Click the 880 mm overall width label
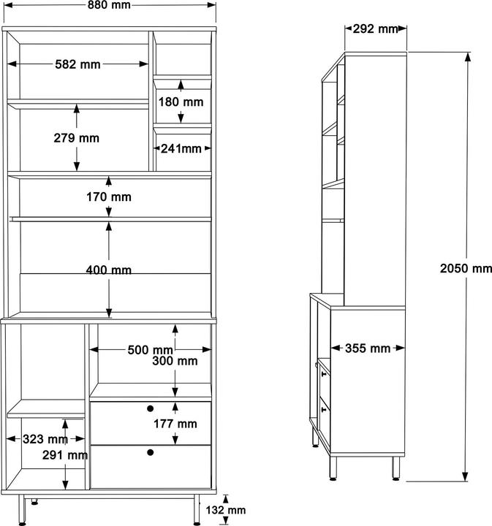tap(109, 5)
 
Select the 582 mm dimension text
tap(78, 64)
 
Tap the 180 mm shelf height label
tap(181, 102)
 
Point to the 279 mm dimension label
tap(77, 138)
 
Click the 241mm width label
tap(181, 148)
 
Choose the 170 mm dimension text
tap(109, 197)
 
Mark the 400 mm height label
tap(108, 270)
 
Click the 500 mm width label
tap(150, 350)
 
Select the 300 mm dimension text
tap(175, 361)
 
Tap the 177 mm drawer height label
tap(175, 424)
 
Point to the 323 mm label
tap(45, 439)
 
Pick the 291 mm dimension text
tap(65, 455)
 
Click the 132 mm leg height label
tap(225, 510)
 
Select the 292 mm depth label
tap(375, 28)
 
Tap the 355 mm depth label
tap(368, 348)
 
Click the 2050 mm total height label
tap(466, 268)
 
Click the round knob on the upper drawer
tap(151, 408)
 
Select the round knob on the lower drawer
tap(151, 452)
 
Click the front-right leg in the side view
tap(396, 468)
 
